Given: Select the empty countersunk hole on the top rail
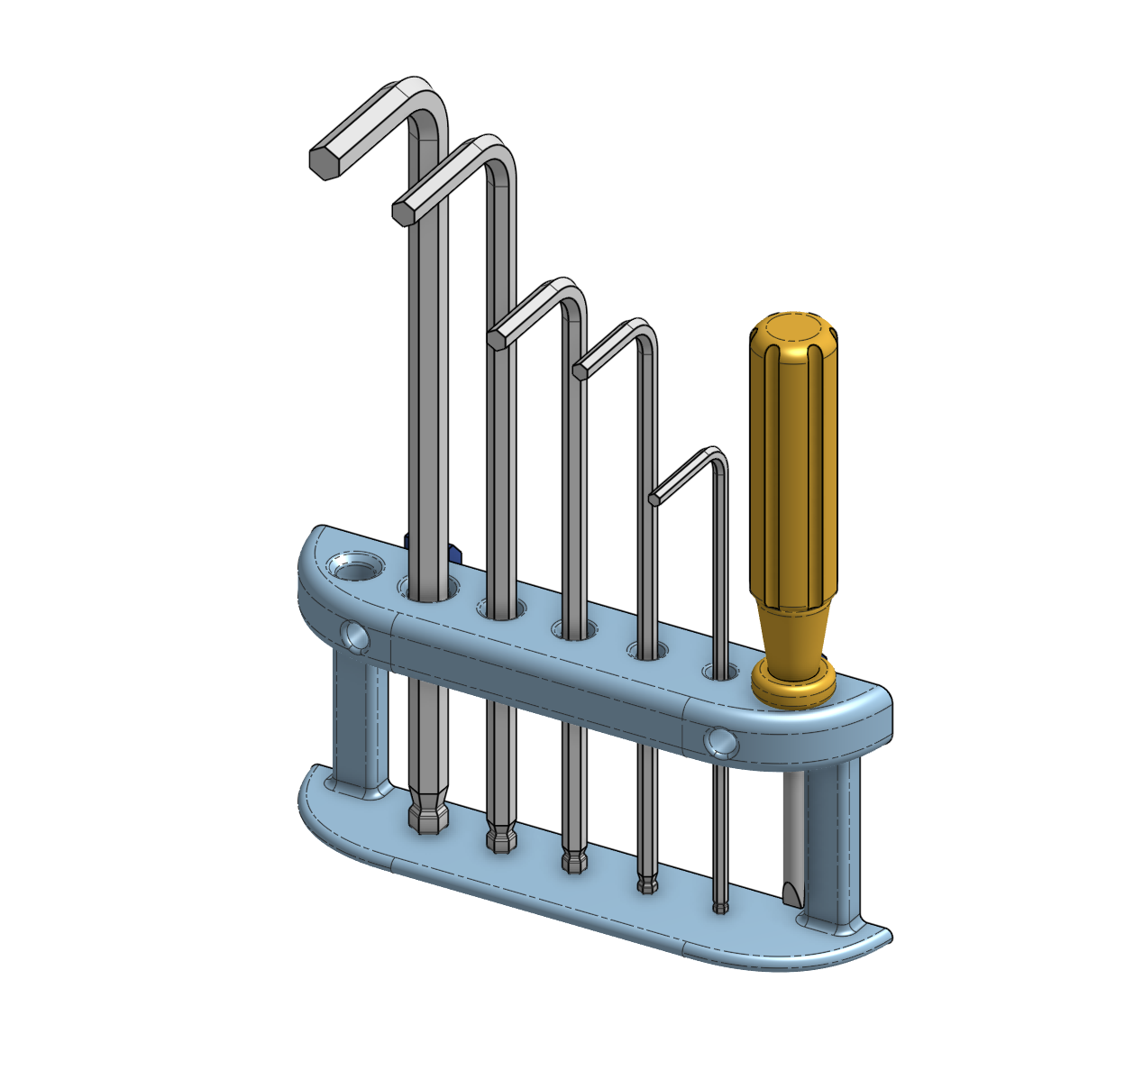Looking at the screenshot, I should click(355, 570).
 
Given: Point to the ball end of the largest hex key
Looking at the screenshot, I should click(428, 814).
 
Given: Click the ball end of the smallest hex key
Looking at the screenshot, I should click(719, 905).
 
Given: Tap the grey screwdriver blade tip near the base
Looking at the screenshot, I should click(791, 892).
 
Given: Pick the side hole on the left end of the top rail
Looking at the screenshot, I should click(355, 636).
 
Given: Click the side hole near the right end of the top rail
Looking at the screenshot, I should click(720, 742).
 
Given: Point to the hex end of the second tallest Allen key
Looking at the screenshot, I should click(403, 213).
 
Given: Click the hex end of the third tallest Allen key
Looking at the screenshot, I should click(497, 340).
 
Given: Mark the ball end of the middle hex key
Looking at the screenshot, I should click(573, 860).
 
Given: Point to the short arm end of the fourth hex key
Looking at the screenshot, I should click(580, 370).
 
